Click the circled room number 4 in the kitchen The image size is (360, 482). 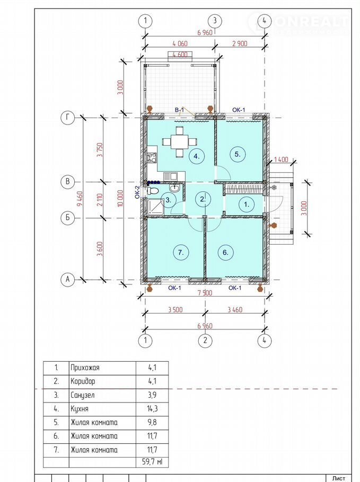197,156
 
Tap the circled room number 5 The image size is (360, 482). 238,154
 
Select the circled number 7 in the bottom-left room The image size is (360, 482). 181,252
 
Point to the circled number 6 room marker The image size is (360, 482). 225,252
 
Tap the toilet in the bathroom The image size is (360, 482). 153,191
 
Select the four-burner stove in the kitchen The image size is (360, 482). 152,158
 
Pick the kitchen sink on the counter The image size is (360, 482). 170,176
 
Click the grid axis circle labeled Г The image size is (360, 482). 68,118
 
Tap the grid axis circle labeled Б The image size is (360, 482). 68,218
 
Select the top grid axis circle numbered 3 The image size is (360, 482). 215,21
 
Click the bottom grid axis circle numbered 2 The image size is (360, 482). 205,341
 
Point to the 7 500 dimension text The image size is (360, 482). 205,292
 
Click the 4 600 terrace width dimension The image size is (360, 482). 180,55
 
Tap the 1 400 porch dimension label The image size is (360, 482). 281,159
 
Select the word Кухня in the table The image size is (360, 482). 80,409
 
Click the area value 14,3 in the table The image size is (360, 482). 152,408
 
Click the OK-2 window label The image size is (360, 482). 137,192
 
